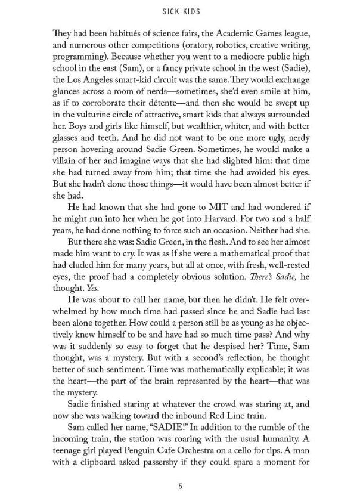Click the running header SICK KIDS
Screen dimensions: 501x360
[180, 11]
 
